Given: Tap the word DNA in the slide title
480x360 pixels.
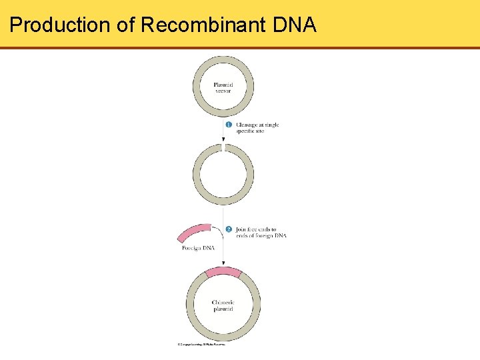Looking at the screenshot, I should coord(295,25).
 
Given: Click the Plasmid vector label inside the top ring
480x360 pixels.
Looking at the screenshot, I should coord(223,87).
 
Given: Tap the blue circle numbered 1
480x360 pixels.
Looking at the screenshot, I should coord(229,125).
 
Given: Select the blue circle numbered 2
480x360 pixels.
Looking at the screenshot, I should coord(229,229).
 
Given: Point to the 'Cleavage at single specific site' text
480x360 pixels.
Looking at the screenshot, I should coord(257,128).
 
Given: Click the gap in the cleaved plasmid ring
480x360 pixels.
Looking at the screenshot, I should coord(223,146).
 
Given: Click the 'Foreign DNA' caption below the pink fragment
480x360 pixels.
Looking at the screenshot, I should coord(198,249).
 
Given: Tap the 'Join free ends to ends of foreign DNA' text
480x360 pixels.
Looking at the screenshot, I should coord(261,233).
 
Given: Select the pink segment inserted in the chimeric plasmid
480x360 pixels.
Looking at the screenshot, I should coord(223,272).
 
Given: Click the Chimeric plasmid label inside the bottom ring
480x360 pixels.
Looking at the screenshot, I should coord(223,305).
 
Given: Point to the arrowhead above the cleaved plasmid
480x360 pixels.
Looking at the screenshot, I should coord(223,140).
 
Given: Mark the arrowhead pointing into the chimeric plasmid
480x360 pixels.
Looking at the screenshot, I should coord(223,264).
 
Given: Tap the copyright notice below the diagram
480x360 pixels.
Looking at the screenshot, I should coord(201,345).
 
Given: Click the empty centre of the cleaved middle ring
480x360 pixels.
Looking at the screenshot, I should coord(223,175).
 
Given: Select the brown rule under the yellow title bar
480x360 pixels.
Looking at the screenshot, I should coord(240,48).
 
